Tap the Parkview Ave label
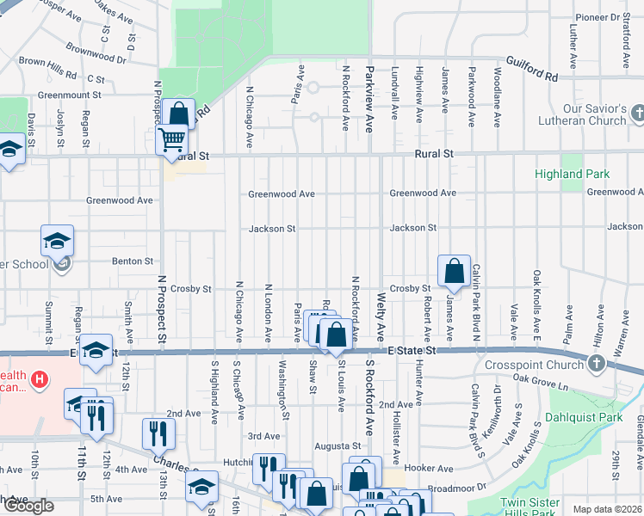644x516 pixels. pyautogui.click(x=370, y=100)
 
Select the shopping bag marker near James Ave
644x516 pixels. pyautogui.click(x=453, y=272)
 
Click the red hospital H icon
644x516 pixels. pyautogui.click(x=38, y=378)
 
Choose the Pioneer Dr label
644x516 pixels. pyautogui.click(x=604, y=17)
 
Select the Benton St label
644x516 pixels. pyautogui.click(x=132, y=261)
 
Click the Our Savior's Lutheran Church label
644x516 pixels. pyautogui.click(x=582, y=115)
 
